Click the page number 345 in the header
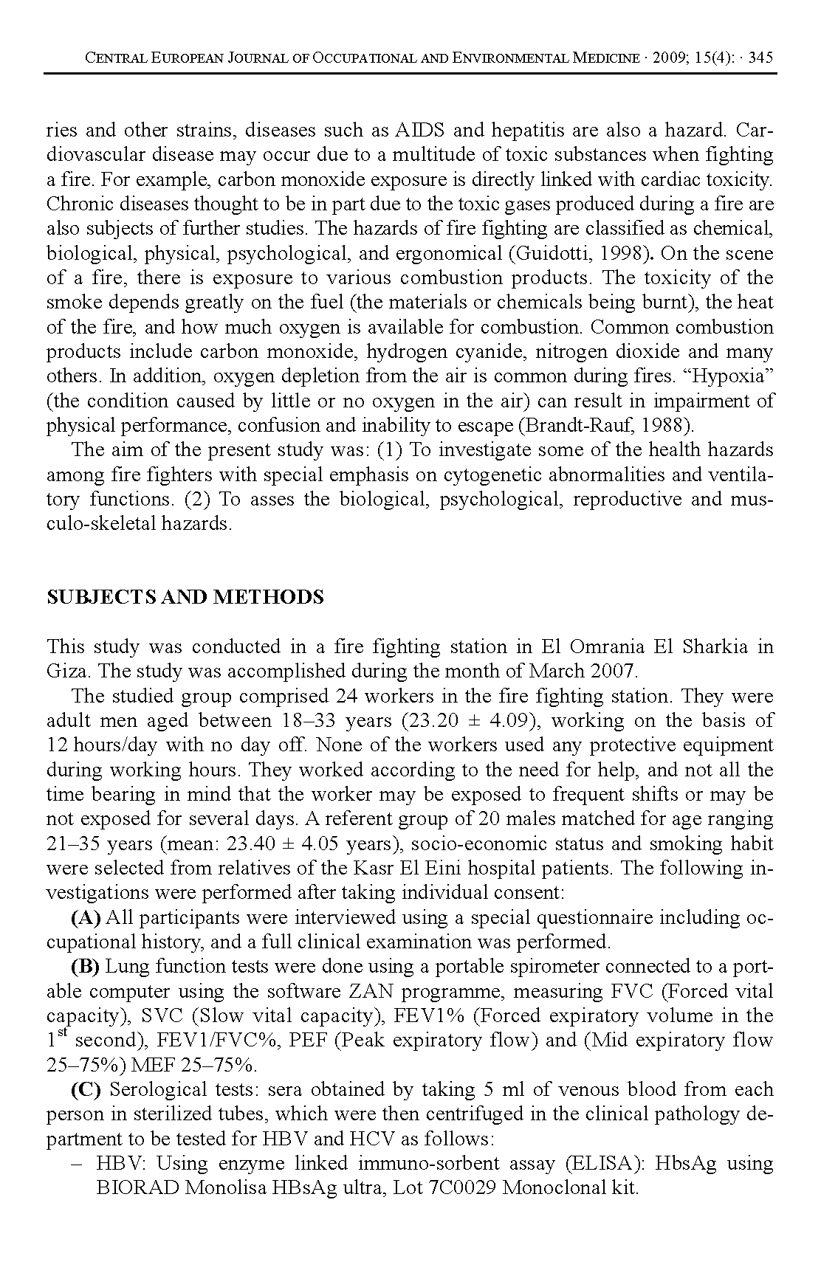pyautogui.click(x=760, y=58)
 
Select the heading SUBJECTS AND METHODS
pyautogui.click(x=185, y=597)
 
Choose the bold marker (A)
pyautogui.click(x=86, y=918)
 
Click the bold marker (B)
pyautogui.click(x=86, y=967)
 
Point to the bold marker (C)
pyautogui.click(x=86, y=1090)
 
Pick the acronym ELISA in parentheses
pyautogui.click(x=601, y=1164)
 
